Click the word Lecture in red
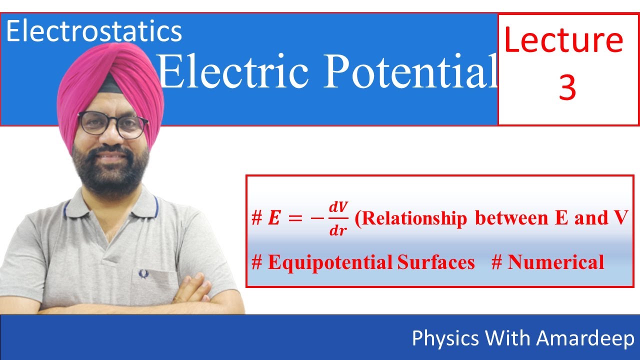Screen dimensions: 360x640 coord(563,41)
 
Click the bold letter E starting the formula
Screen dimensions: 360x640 coord(273,219)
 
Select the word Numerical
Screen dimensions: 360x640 coord(555,262)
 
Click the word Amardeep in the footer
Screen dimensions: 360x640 coord(585,338)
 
